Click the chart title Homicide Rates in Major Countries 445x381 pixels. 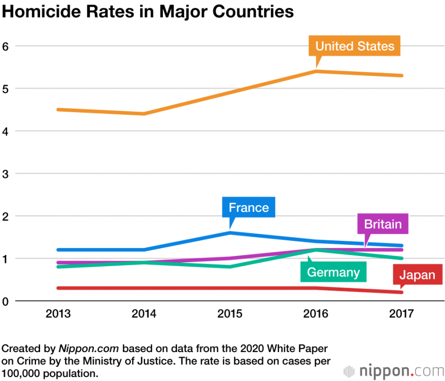pyautogui.click(x=148, y=12)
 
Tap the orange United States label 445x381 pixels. pyautogui.click(x=355, y=46)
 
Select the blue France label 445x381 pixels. pyautogui.click(x=249, y=207)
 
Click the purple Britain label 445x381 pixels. pyautogui.click(x=383, y=224)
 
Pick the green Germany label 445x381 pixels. pyautogui.click(x=333, y=272)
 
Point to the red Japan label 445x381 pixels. pyautogui.click(x=417, y=275)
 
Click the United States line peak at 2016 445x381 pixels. pyautogui.click(x=316, y=71)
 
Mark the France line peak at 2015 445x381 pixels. pyautogui.click(x=230, y=233)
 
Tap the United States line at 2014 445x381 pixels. pyautogui.click(x=144, y=114)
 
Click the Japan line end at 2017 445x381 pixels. pyautogui.click(x=401, y=292)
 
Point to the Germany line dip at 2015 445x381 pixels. pyautogui.click(x=230, y=267)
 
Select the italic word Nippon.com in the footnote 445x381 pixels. pyautogui.click(x=89, y=349)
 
